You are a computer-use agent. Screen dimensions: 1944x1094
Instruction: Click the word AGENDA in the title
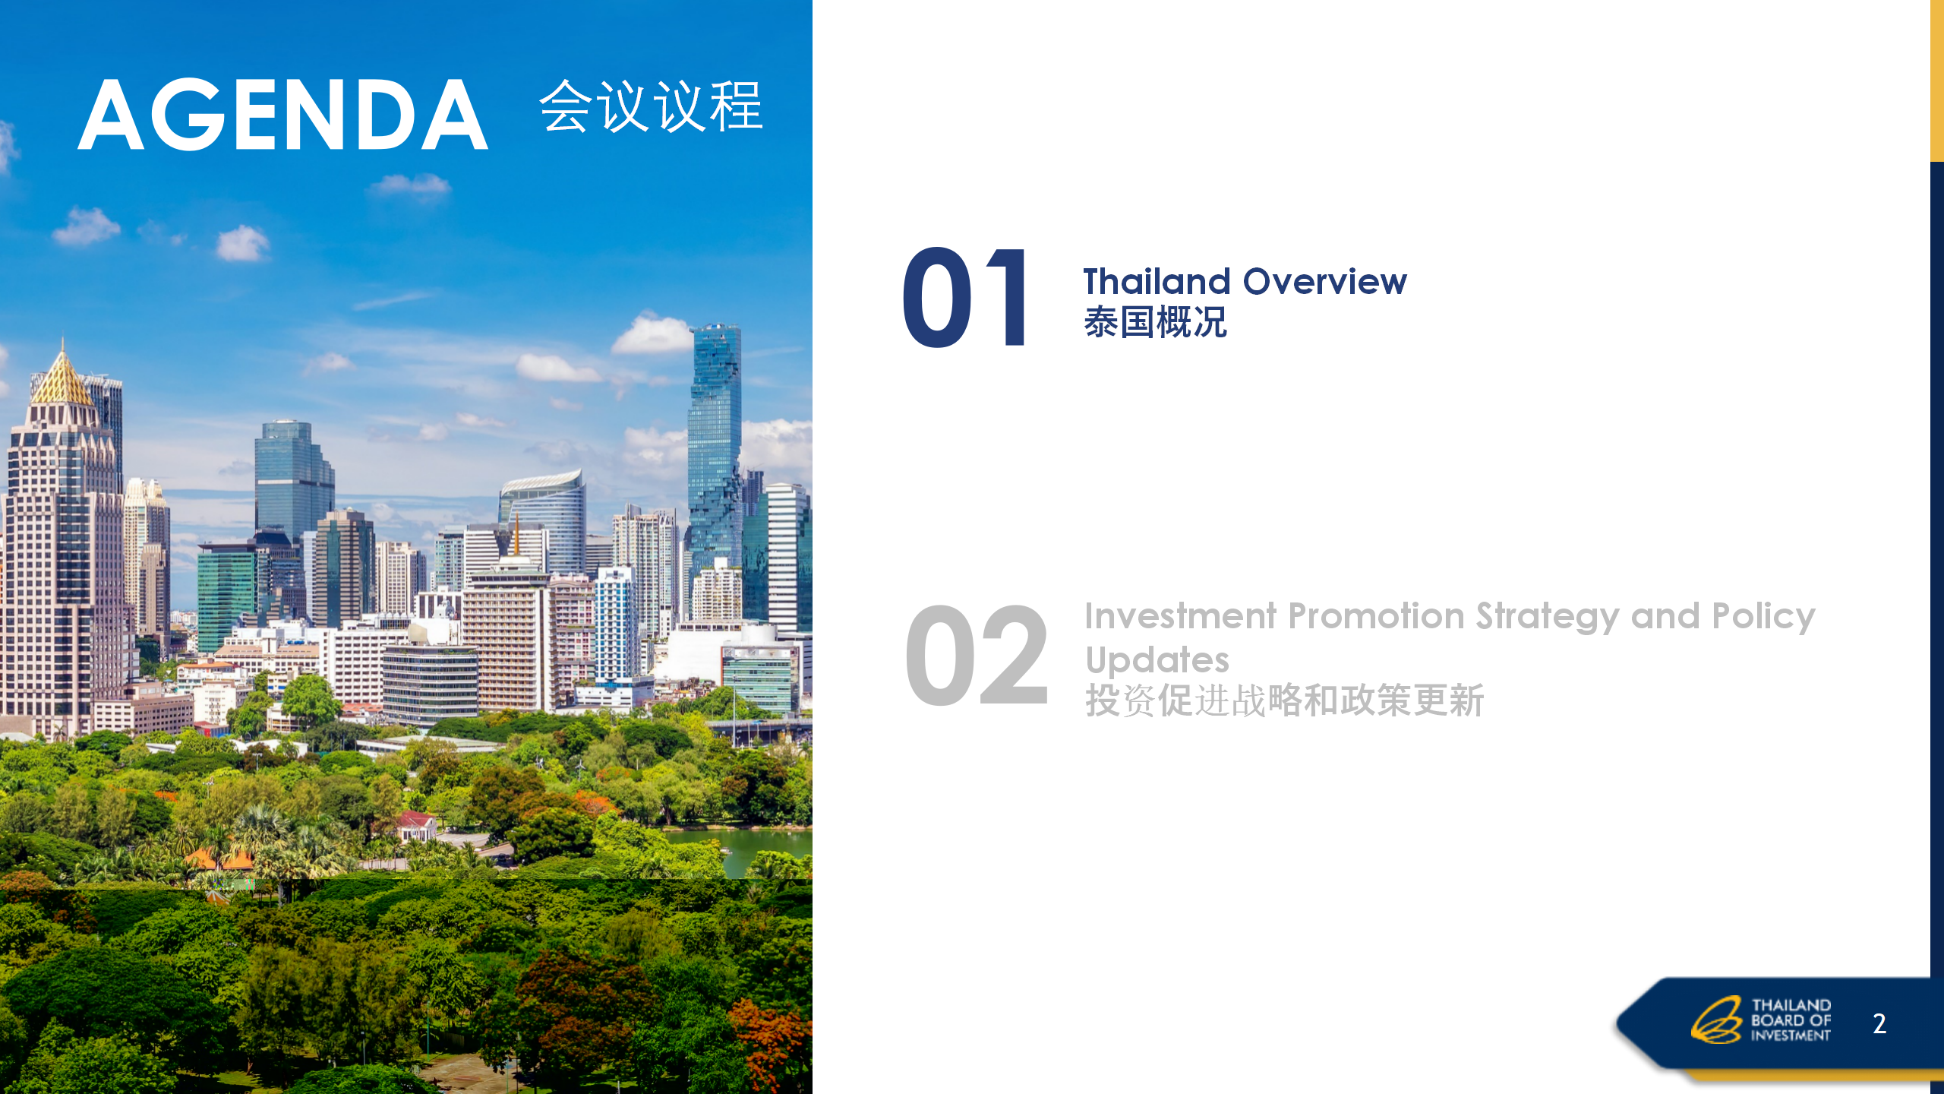(x=282, y=115)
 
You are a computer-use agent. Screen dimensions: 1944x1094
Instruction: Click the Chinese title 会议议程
(x=651, y=106)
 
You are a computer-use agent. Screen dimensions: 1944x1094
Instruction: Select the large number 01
(x=964, y=297)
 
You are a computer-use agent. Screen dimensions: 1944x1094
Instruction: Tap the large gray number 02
(x=977, y=655)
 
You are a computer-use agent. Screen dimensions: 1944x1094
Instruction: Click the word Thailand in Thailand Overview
(x=1157, y=282)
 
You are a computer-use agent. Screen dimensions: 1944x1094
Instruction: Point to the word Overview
(x=1325, y=282)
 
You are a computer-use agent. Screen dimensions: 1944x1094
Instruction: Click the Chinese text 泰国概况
(x=1155, y=322)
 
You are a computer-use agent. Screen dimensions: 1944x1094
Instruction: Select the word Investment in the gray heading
(x=1180, y=616)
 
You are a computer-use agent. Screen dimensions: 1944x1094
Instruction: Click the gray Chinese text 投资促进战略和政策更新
(x=1284, y=700)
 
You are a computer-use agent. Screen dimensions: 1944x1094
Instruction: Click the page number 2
(x=1879, y=1023)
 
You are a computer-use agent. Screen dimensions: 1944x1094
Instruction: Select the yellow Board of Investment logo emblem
(x=1715, y=1020)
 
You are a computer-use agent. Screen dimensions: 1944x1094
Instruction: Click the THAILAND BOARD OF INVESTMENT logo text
(x=1791, y=1020)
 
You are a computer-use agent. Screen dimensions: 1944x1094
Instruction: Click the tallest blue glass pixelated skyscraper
(x=714, y=448)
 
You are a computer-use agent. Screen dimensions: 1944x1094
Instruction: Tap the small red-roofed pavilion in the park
(x=416, y=823)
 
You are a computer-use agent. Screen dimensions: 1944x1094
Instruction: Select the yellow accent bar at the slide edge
(x=1937, y=81)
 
